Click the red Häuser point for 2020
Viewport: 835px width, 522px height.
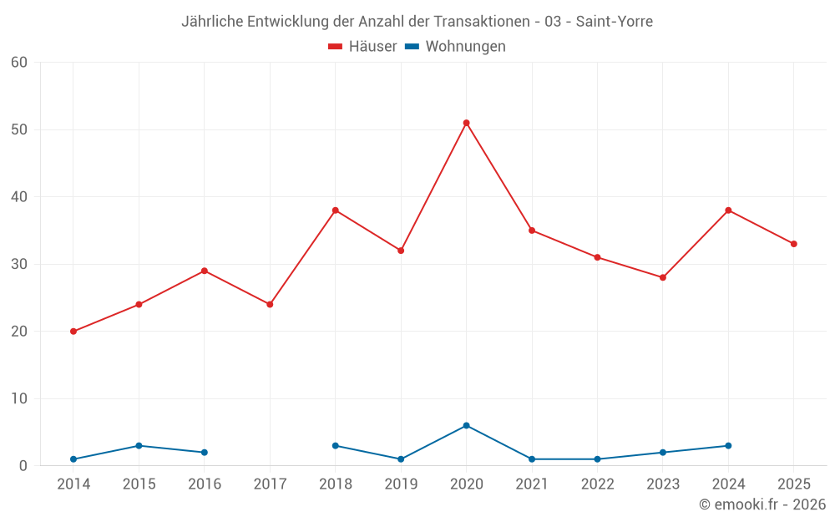467,123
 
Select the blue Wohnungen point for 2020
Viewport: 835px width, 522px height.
467,426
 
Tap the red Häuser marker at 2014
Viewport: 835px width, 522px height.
73,332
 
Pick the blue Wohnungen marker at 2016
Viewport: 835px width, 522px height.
205,452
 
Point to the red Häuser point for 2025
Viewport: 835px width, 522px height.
794,244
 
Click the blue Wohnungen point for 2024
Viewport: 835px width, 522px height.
728,446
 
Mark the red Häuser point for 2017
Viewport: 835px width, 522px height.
270,305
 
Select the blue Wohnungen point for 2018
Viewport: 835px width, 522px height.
336,446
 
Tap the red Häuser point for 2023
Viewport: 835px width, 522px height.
663,277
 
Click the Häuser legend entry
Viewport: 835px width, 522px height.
362,46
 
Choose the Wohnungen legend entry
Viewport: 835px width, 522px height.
455,46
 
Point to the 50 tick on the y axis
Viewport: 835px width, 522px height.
18,129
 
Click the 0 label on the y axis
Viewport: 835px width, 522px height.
23,465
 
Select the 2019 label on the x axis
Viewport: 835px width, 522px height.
401,484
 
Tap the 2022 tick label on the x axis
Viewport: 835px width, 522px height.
598,484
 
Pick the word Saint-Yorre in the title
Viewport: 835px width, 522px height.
615,22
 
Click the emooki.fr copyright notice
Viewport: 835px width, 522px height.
762,504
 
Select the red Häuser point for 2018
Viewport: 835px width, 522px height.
336,210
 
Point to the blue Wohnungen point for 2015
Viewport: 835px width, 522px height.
139,446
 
